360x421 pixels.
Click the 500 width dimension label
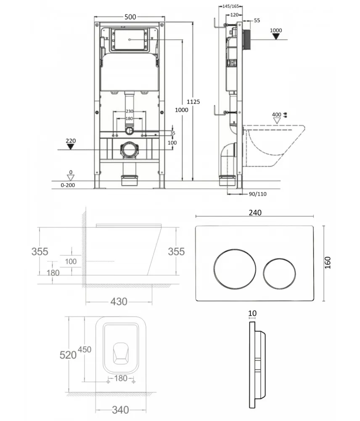point(130,17)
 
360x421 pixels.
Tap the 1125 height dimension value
point(193,102)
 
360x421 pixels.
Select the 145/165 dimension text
point(231,6)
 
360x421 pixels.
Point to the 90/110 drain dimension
point(257,194)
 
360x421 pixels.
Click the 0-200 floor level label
point(68,185)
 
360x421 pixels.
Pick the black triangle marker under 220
point(71,147)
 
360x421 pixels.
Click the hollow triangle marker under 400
point(277,121)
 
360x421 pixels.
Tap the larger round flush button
point(235,269)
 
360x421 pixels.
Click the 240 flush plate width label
point(255,213)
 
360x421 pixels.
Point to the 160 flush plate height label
point(328,263)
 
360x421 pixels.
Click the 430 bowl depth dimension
point(119,301)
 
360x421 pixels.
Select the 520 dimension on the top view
point(68,355)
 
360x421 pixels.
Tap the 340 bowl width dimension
point(120,410)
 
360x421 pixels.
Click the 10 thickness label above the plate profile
point(252,313)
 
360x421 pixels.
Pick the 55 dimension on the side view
point(257,20)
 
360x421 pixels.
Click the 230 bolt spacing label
point(130,111)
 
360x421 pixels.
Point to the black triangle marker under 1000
point(276,37)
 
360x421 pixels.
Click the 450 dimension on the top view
point(85,349)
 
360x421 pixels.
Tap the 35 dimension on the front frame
point(173,133)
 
